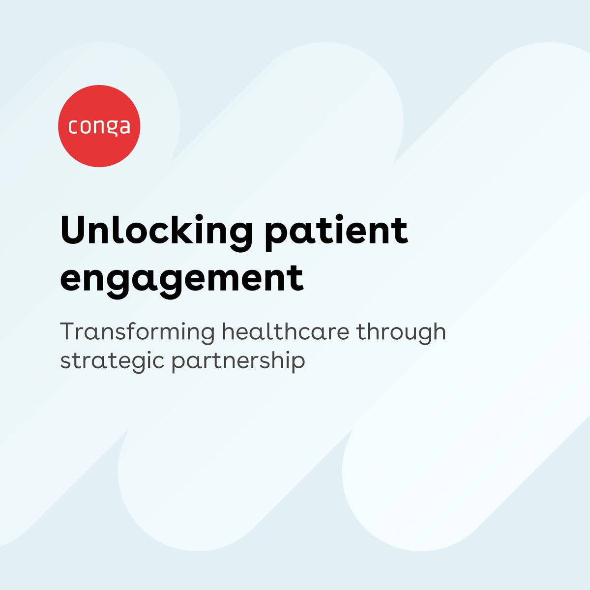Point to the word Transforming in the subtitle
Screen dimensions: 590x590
(x=138, y=332)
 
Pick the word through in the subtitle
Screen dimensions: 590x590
(x=401, y=332)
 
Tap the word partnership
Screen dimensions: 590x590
(x=238, y=360)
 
